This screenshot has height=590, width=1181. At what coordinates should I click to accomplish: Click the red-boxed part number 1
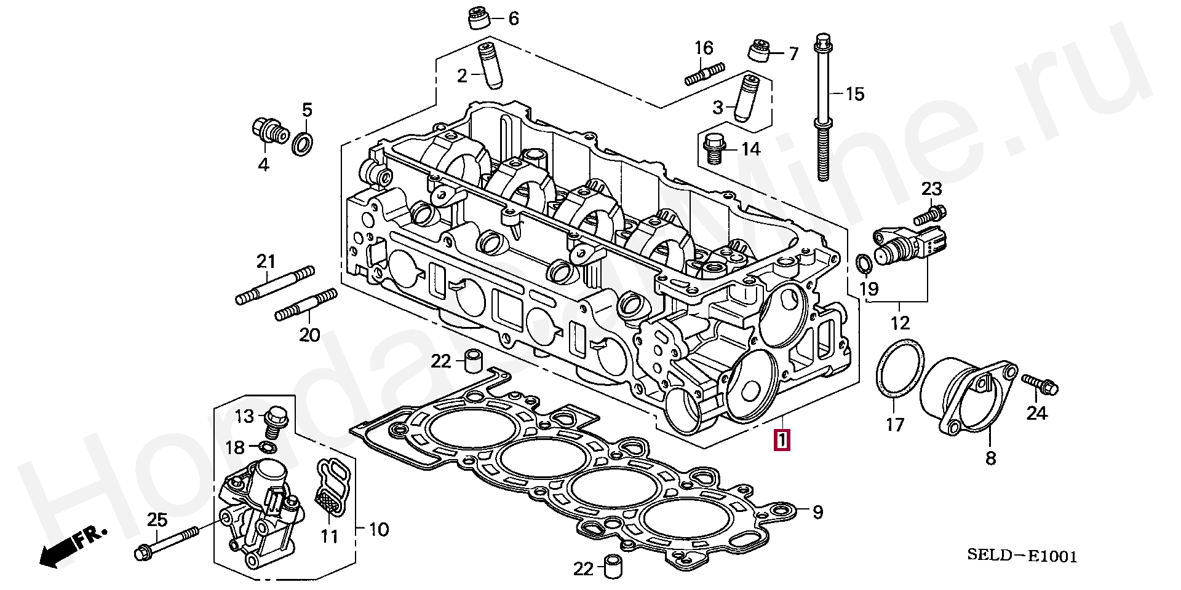pos(782,440)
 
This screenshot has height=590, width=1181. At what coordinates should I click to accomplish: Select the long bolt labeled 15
pos(822,108)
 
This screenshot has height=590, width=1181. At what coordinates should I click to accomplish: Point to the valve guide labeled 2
pos(490,66)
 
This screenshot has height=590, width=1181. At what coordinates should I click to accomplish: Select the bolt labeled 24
pos(1040,384)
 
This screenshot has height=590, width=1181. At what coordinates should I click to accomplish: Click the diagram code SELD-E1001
pos(1022,556)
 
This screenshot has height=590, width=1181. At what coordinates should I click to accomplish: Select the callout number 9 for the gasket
pos(817,512)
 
